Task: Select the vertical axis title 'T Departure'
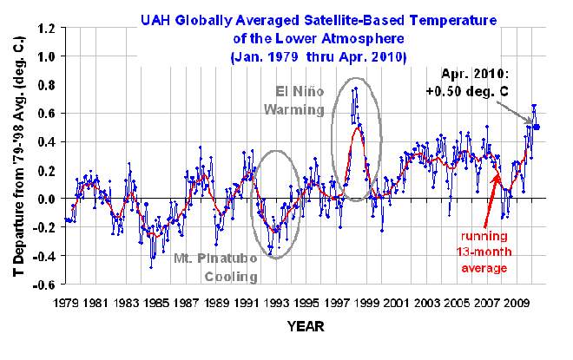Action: click(16, 156)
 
